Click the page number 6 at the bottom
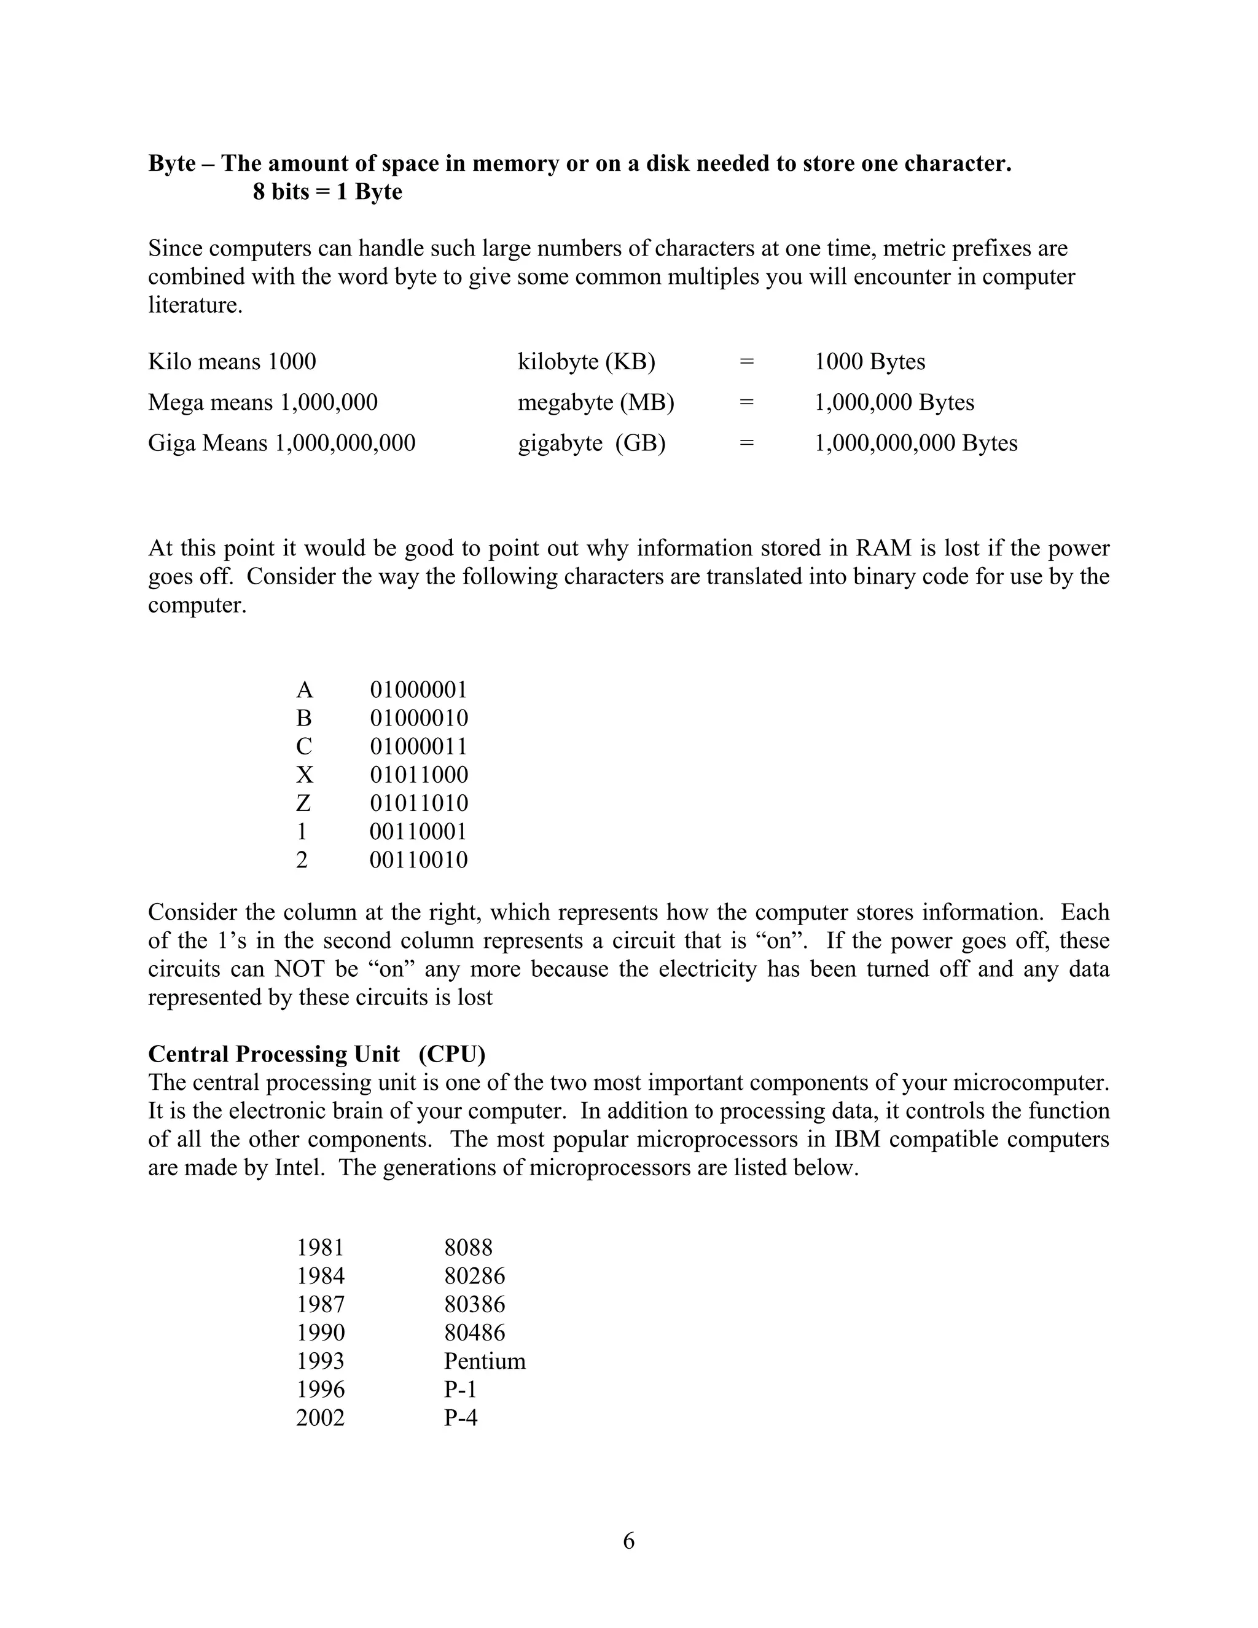(x=628, y=1540)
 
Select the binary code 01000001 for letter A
(x=418, y=689)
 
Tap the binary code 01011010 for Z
(x=419, y=803)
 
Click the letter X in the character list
(x=304, y=775)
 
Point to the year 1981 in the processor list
(x=321, y=1247)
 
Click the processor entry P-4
(x=461, y=1417)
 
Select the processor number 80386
(x=474, y=1304)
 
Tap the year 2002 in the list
(x=321, y=1417)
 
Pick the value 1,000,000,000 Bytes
(x=915, y=443)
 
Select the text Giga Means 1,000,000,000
(x=282, y=443)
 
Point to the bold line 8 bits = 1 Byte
(x=327, y=192)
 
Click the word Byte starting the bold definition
(x=171, y=163)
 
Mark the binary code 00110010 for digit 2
(x=419, y=859)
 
